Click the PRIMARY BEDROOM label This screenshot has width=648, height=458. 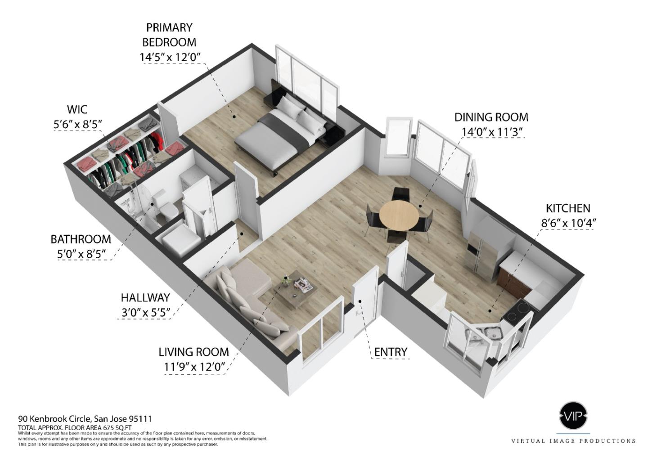click(x=169, y=35)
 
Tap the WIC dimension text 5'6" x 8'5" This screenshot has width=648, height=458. click(x=77, y=124)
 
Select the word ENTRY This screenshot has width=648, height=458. click(x=391, y=352)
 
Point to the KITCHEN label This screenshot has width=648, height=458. click(x=568, y=208)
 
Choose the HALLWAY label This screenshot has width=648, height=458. click(x=145, y=297)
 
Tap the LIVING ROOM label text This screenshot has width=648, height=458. click(x=193, y=352)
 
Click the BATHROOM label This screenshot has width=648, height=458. click(x=81, y=239)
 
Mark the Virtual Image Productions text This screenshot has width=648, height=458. click(x=573, y=441)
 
